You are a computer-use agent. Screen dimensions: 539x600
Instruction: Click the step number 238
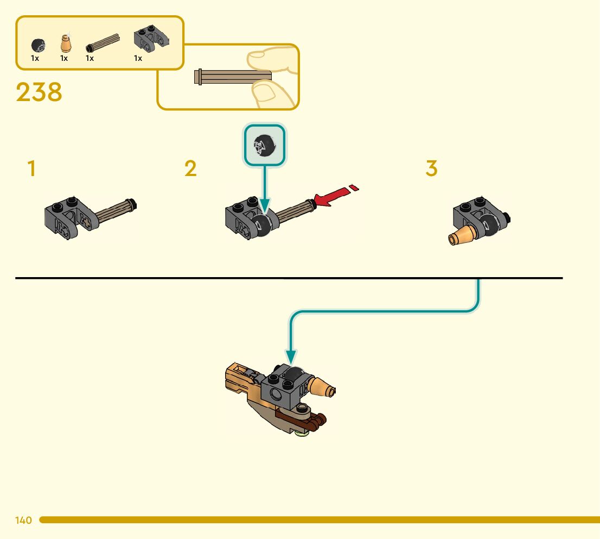click(39, 92)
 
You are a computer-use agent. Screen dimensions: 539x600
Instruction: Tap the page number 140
click(23, 521)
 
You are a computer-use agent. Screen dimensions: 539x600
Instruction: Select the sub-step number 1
click(32, 169)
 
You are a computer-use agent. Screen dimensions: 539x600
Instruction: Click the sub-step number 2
click(190, 169)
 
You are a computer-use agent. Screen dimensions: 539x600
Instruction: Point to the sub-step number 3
click(431, 169)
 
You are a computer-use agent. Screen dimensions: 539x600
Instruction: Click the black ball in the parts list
click(37, 45)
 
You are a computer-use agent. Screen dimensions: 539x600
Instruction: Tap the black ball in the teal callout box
click(265, 146)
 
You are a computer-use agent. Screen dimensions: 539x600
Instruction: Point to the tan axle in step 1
click(114, 212)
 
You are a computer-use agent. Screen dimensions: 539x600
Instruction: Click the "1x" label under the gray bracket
click(138, 58)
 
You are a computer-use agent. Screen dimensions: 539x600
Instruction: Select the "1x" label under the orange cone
click(64, 58)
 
